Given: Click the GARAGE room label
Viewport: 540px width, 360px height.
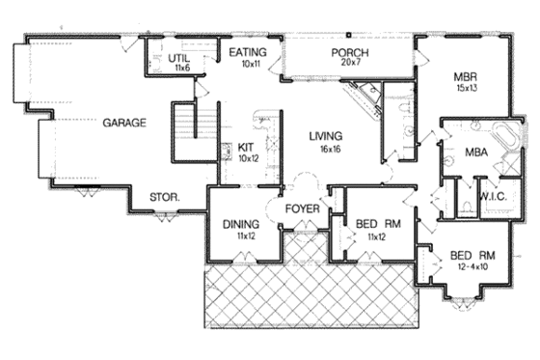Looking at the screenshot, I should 123,123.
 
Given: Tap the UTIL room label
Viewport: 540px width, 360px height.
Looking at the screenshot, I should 178,58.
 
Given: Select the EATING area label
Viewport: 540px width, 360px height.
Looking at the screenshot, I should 246,52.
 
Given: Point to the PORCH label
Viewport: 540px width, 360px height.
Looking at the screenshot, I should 344,52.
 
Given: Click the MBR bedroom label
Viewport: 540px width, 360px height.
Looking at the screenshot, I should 467,75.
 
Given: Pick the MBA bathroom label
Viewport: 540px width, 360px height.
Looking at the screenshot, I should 474,152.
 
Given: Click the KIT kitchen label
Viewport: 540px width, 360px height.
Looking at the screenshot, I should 245,147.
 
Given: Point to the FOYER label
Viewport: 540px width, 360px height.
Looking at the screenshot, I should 302,207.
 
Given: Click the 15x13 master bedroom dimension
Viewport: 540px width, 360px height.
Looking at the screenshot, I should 467,87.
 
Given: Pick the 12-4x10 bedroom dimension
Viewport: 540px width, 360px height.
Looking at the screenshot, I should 472,266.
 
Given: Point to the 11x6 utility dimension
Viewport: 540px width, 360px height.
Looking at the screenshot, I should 178,69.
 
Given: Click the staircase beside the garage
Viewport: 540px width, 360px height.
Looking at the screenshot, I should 191,123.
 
